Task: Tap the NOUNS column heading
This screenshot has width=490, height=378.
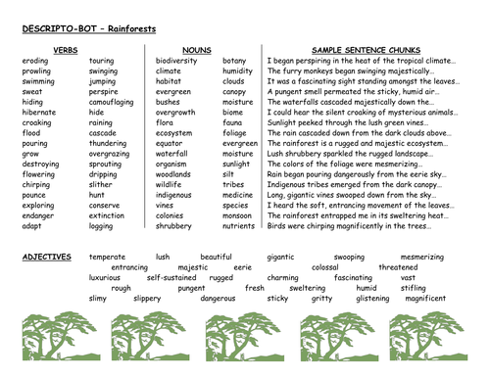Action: pos(196,47)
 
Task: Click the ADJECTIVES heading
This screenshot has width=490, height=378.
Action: pos(46,257)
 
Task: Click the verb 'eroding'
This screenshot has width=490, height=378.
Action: pos(34,60)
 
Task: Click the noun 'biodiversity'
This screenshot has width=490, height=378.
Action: pos(178,60)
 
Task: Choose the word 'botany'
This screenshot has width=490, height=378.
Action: pos(234,60)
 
